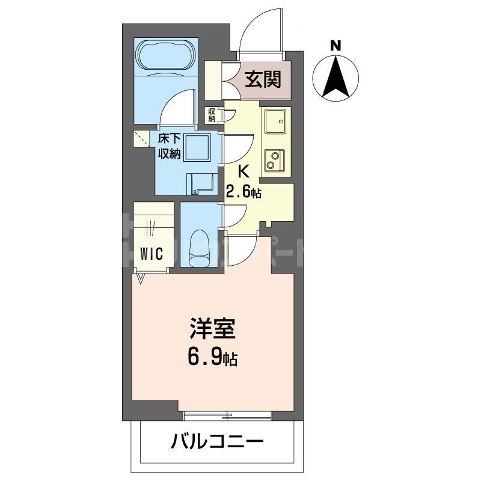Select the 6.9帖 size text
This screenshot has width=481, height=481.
point(211,359)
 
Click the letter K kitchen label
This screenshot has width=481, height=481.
point(244,171)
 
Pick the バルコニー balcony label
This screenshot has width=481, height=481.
point(217,444)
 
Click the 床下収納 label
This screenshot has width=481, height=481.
point(170,146)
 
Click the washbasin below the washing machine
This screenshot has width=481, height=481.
point(199,183)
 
